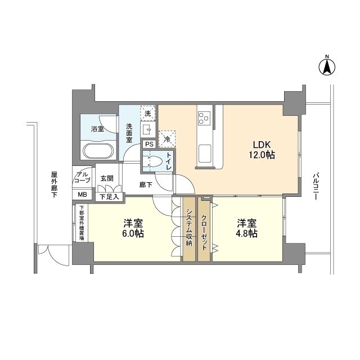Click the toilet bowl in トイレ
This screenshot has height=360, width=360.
click(x=151, y=161)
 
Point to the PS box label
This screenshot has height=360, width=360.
click(x=149, y=144)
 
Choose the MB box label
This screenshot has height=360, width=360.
click(x=82, y=195)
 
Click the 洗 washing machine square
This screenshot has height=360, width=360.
click(x=147, y=113)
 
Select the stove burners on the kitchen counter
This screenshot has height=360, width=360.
click(x=204, y=118)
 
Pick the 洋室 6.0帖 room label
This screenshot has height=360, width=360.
click(x=134, y=228)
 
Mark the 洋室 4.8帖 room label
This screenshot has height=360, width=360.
click(x=247, y=228)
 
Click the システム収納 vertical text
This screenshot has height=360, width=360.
click(x=190, y=228)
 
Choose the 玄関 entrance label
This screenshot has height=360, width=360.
click(x=106, y=178)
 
